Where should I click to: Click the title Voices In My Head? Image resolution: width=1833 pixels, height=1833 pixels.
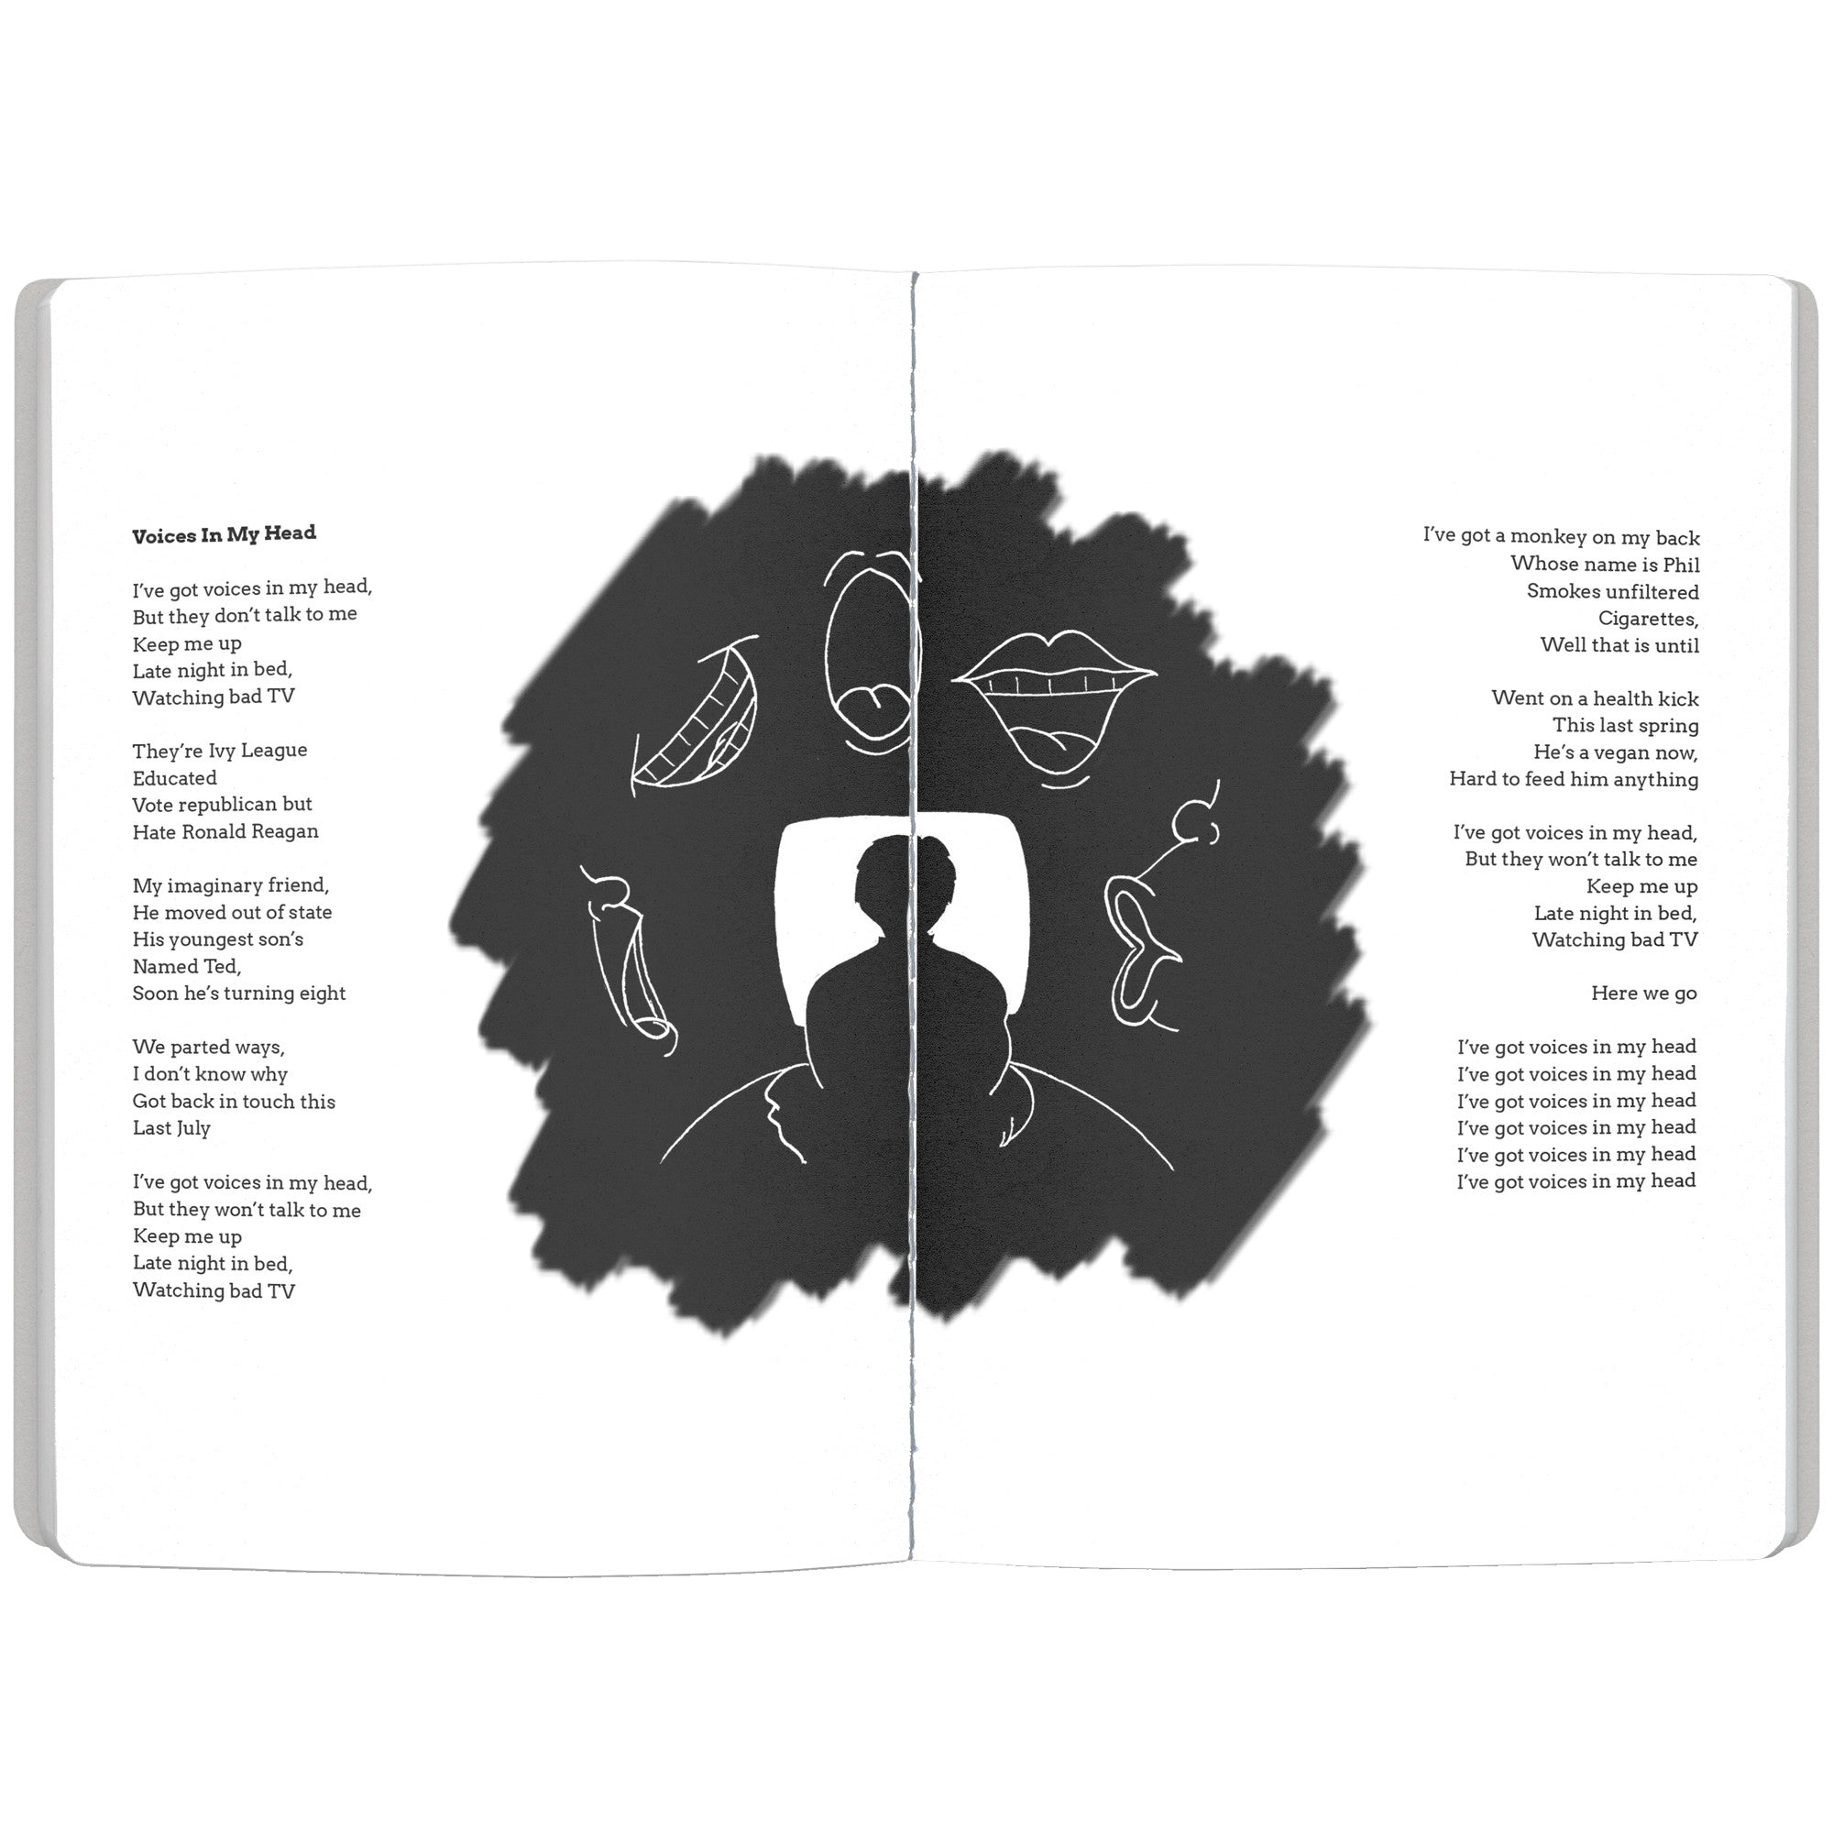(x=224, y=534)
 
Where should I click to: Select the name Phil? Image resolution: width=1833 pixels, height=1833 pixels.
(x=1681, y=565)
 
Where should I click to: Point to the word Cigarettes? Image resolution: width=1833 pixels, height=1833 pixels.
(x=1648, y=619)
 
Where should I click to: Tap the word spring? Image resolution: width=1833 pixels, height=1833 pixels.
(x=1667, y=726)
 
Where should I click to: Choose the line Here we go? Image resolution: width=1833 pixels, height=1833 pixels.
(x=1643, y=993)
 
